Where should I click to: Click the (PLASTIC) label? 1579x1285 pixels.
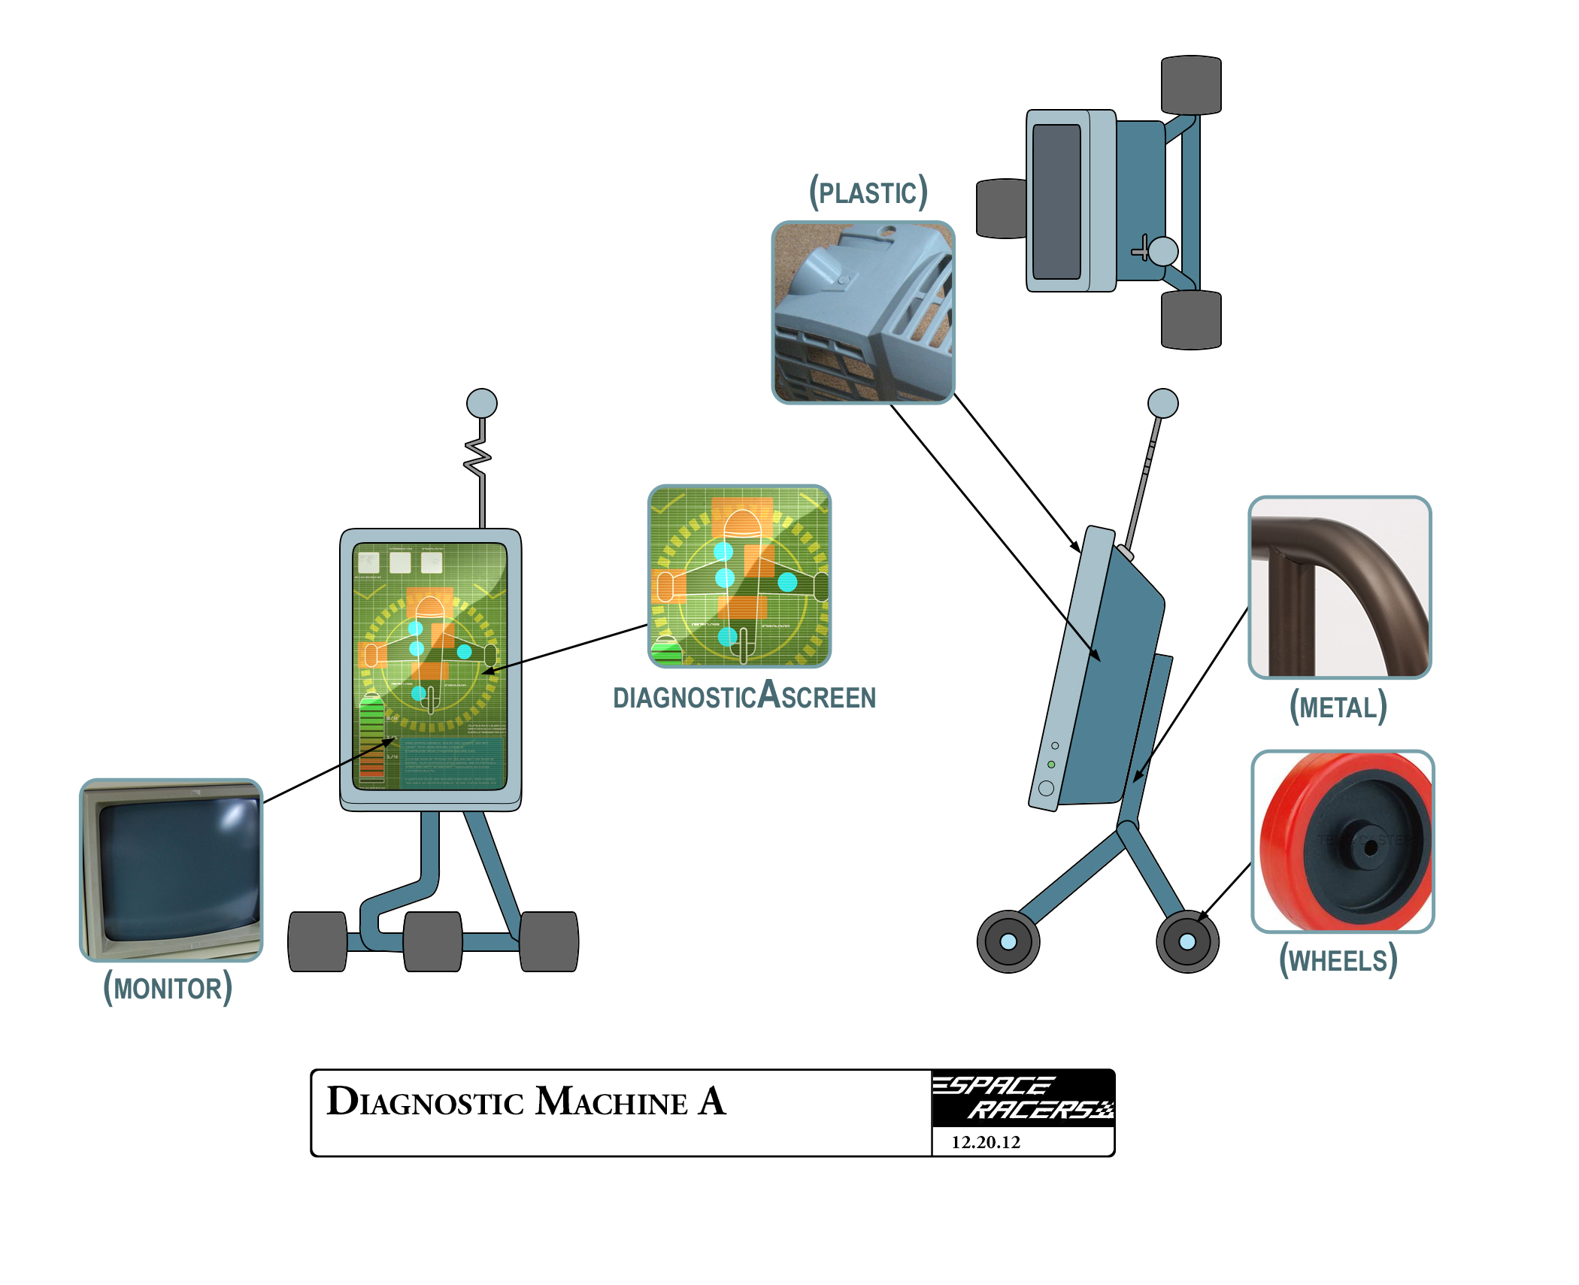pyautogui.click(x=868, y=193)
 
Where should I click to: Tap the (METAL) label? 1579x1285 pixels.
pyautogui.click(x=1338, y=708)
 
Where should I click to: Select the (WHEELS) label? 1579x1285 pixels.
pyautogui.click(x=1338, y=961)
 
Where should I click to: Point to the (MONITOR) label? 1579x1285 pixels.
pyautogui.click(x=168, y=988)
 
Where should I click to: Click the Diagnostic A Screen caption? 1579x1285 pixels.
pyautogui.click(x=744, y=697)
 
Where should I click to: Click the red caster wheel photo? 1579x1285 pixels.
pyautogui.click(x=1343, y=841)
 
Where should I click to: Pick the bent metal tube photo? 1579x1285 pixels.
pyautogui.click(x=1340, y=587)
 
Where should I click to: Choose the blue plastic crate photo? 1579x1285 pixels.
pyautogui.click(x=863, y=312)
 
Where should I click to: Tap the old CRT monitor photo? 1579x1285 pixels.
pyautogui.click(x=171, y=870)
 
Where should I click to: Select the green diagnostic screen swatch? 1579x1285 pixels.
pyautogui.click(x=740, y=576)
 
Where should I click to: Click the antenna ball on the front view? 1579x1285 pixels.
pyautogui.click(x=482, y=403)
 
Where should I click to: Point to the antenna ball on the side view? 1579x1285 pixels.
pyautogui.click(x=1163, y=403)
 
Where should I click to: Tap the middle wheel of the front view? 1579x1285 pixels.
pyautogui.click(x=433, y=941)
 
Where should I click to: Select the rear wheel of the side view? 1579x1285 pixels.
pyautogui.click(x=1008, y=941)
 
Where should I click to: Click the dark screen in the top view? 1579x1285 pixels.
pyautogui.click(x=1056, y=202)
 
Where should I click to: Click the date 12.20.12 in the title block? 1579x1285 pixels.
pyautogui.click(x=986, y=1142)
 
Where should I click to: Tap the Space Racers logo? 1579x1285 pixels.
pyautogui.click(x=1023, y=1098)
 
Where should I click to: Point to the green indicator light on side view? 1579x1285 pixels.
pyautogui.click(x=1051, y=765)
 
